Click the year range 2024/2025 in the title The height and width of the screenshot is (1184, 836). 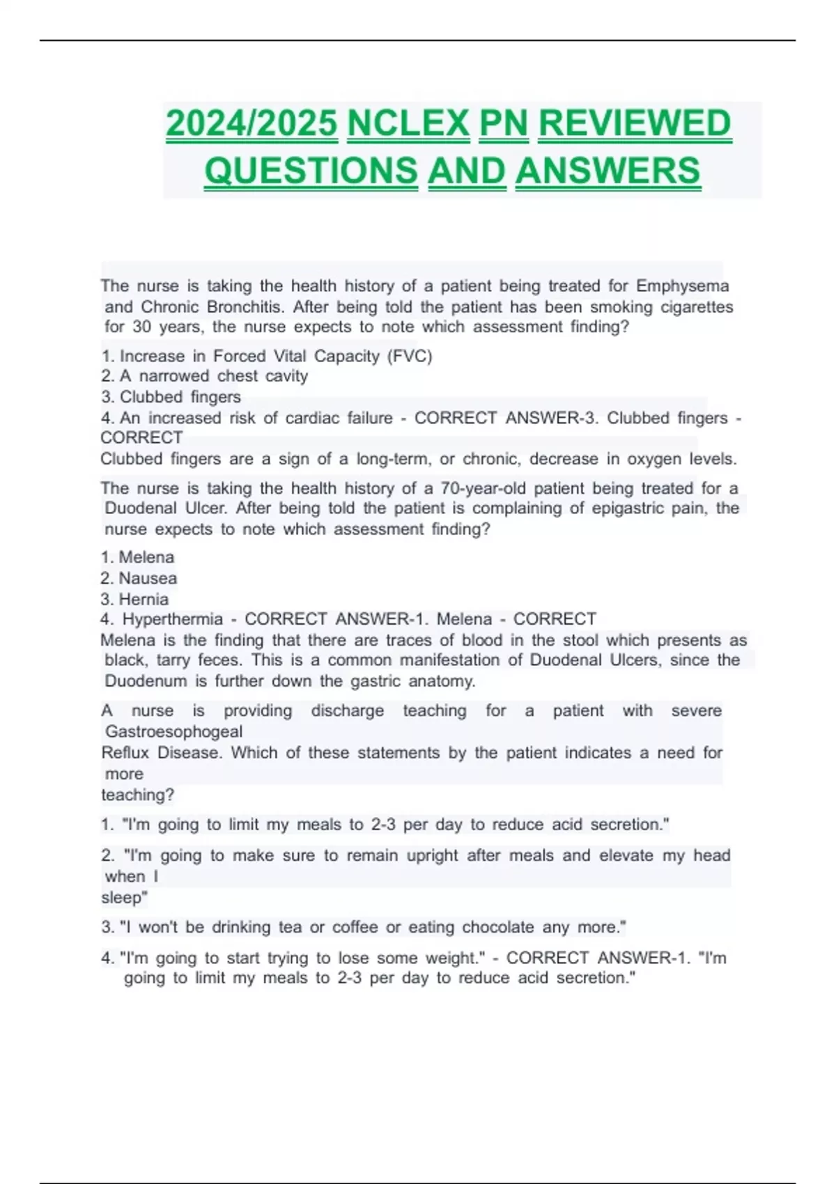coord(251,124)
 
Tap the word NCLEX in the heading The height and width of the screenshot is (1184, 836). coord(408,124)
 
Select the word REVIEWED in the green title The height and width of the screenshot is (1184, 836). coord(635,124)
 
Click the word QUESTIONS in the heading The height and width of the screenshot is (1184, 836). coord(311,171)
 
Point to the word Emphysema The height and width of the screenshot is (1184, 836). coord(683,286)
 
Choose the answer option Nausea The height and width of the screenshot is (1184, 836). coord(148,579)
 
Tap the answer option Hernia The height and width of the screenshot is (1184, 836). coord(144,600)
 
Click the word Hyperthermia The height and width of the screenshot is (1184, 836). coord(173,619)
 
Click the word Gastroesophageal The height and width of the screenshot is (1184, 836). coord(173,732)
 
